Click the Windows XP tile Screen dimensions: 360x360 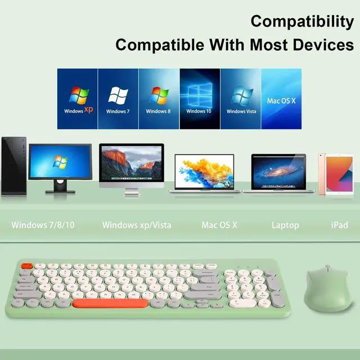[x=78, y=99]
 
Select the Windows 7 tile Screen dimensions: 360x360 [x=118, y=99]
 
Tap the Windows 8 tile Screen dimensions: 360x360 [x=159, y=99]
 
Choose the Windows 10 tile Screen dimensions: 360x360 [x=200, y=99]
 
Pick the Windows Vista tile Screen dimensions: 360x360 [x=240, y=99]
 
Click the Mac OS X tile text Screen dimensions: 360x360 [x=281, y=101]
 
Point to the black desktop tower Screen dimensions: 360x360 [x=13, y=166]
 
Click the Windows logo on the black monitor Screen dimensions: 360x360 [x=60, y=162]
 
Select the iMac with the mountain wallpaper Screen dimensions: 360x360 [x=132, y=169]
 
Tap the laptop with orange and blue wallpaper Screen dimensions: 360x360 [x=204, y=173]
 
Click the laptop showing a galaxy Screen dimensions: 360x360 [x=278, y=173]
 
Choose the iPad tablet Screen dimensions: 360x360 [x=336, y=174]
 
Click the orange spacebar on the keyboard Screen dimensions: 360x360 [x=110, y=303]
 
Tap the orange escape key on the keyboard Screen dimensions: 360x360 [x=27, y=266]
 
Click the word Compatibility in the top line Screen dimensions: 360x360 [x=302, y=21]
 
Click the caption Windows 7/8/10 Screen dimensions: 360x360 [x=43, y=225]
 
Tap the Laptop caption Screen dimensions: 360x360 [x=285, y=226]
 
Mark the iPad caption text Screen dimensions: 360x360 [x=340, y=225]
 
